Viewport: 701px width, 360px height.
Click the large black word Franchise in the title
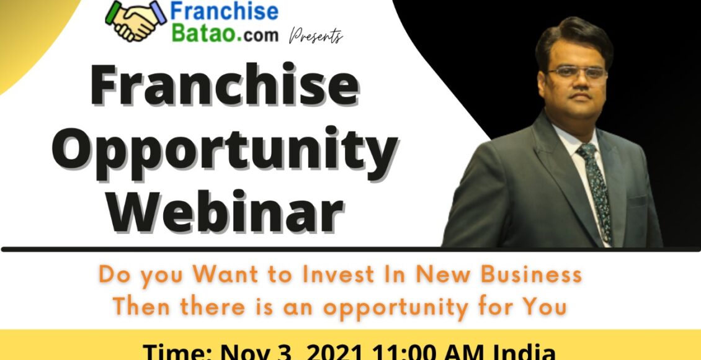pyautogui.click(x=224, y=87)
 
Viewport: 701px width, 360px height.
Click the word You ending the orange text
pyautogui.click(x=545, y=307)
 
